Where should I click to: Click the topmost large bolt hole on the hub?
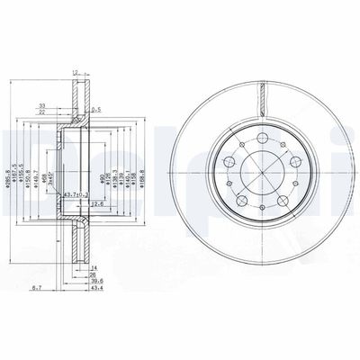(259, 139)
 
